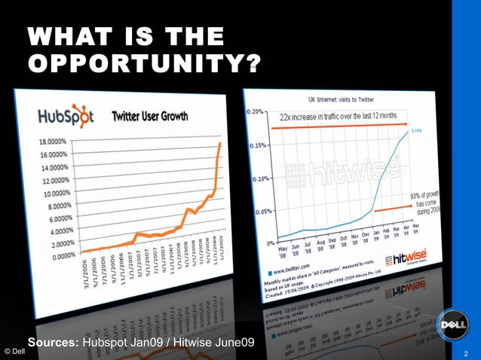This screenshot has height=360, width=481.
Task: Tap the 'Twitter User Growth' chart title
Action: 150,117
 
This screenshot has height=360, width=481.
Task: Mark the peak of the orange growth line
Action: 221,143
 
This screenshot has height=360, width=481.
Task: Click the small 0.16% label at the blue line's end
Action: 416,131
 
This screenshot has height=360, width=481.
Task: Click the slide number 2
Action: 467,352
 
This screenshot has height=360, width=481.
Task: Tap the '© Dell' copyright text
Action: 13,352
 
